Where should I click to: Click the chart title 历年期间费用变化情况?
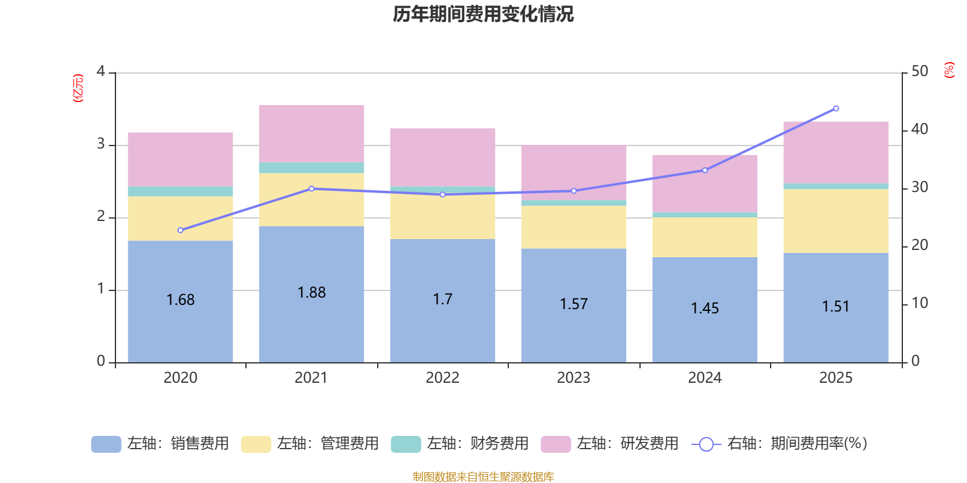coord(483,14)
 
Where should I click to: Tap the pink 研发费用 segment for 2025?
coord(836,152)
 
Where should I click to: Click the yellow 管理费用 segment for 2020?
coord(180,219)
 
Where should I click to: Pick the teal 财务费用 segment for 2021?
coord(311,168)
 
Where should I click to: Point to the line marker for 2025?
coord(836,109)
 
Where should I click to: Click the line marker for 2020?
coord(180,230)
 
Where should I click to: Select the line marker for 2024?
coord(705,170)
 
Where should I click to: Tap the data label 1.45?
coord(705,309)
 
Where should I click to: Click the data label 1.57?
coord(574,304)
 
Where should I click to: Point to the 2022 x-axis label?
coord(442,378)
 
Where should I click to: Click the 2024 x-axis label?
coord(705,378)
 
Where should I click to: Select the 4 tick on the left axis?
coord(101,72)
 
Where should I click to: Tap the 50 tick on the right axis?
coord(919,72)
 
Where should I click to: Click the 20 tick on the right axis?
coord(919,245)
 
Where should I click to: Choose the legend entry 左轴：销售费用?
coord(160,444)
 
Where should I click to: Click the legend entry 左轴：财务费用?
coord(460,444)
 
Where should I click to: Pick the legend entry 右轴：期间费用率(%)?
coord(780,444)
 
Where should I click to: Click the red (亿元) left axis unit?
coord(77,88)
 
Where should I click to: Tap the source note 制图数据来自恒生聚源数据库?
coord(483,477)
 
